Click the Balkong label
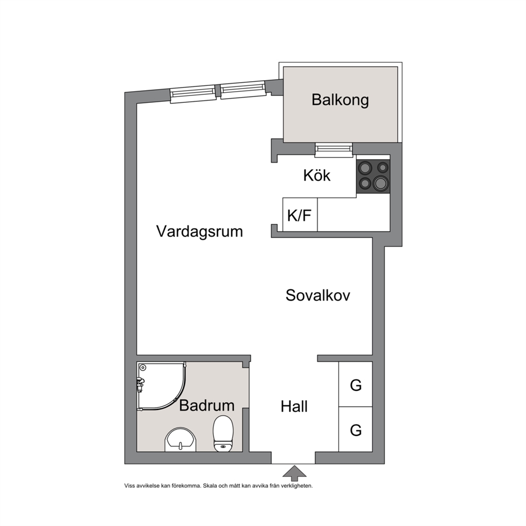(340, 100)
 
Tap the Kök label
(317, 175)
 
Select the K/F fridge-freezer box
(300, 215)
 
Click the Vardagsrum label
(199, 232)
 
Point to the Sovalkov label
(318, 295)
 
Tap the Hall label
(294, 407)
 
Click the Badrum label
(207, 405)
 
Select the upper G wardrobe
(356, 384)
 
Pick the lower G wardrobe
(356, 429)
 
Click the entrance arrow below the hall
(294, 473)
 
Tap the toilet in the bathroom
(223, 433)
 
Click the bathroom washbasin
(180, 440)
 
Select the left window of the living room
(193, 94)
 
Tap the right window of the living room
(243, 90)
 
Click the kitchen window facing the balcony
(334, 150)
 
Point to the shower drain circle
(143, 367)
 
